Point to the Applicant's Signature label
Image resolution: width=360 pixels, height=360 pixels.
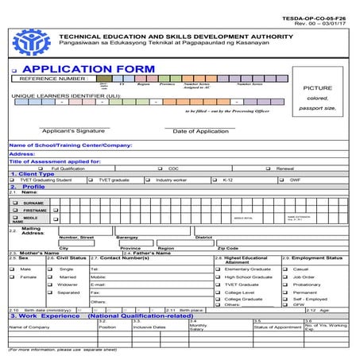point(74,130)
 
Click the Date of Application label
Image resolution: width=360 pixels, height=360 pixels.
point(200,130)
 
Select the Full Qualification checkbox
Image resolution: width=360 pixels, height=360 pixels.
point(46,168)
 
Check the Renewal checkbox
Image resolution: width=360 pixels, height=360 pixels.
point(270,168)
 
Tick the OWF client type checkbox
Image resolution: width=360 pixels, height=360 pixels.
point(284,180)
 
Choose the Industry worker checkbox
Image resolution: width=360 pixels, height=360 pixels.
point(150,180)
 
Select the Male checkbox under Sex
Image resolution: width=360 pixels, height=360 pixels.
point(13,269)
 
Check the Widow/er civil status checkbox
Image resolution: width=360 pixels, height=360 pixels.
point(51,284)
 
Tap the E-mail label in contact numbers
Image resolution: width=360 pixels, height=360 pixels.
point(98,284)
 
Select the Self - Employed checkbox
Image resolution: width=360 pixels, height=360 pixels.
point(287,299)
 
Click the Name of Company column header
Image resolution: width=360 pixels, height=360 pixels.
point(29,327)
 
